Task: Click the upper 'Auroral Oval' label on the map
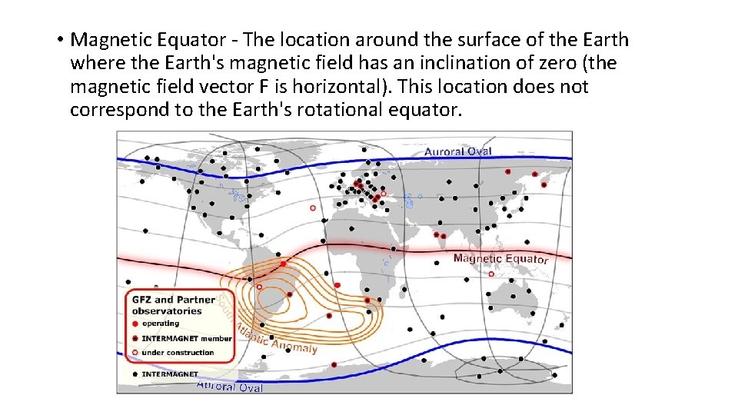[457, 151]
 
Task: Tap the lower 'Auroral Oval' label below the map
[230, 386]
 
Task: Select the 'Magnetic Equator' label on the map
[500, 258]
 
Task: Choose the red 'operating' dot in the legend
[135, 324]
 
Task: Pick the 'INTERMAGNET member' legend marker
[135, 338]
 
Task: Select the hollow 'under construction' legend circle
[135, 353]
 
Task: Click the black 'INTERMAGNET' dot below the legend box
[135, 374]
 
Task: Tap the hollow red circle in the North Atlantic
[312, 207]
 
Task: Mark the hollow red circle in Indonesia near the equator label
[491, 273]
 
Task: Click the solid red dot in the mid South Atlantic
[337, 285]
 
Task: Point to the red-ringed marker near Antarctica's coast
[334, 364]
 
